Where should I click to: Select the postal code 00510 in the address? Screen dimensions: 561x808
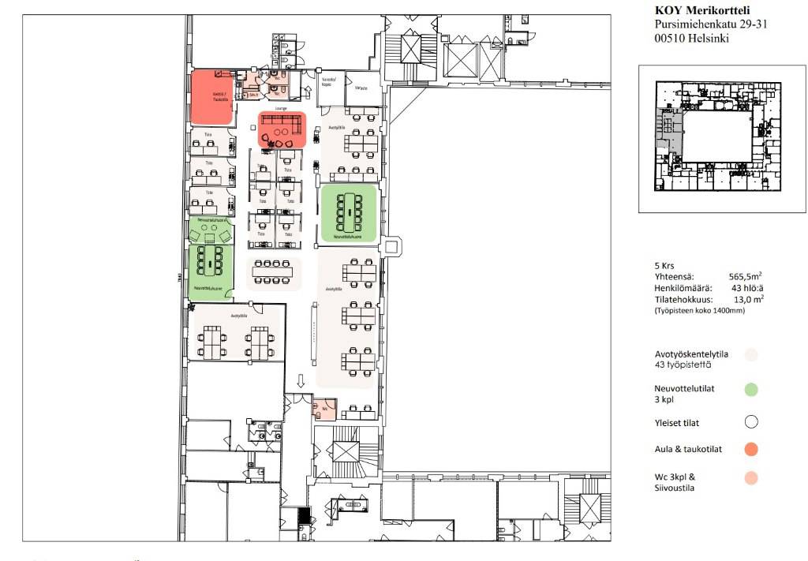pyautogui.click(x=671, y=39)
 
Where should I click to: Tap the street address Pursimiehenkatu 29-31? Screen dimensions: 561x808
pyautogui.click(x=711, y=24)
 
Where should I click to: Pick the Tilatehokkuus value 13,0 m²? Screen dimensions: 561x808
pyautogui.click(x=746, y=299)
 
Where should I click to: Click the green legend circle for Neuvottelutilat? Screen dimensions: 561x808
pyautogui.click(x=751, y=388)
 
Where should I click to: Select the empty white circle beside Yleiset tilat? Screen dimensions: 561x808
pyautogui.click(x=751, y=421)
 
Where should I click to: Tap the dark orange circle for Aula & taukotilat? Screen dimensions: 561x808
pyautogui.click(x=751, y=449)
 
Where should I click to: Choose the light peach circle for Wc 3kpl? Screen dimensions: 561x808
pyautogui.click(x=751, y=477)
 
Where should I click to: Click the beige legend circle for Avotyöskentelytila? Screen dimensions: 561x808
pyautogui.click(x=751, y=355)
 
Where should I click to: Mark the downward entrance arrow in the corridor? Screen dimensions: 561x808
pyautogui.click(x=301, y=382)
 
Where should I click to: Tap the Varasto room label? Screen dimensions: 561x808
pyautogui.click(x=362, y=88)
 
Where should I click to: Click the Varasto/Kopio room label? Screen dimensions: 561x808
pyautogui.click(x=330, y=81)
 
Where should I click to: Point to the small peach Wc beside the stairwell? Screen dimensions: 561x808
pyautogui.click(x=324, y=410)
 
